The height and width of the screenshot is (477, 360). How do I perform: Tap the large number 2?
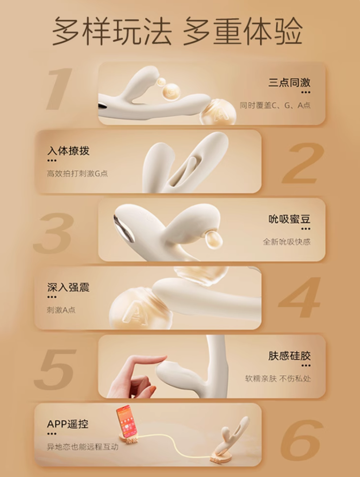(303, 163)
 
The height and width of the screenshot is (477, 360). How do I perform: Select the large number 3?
(53, 233)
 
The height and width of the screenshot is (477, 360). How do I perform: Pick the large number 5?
(55, 370)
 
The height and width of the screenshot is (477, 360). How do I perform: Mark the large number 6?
(302, 440)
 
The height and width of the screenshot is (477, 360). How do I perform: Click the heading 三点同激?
(289, 83)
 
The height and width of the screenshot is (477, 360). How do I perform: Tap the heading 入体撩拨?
(68, 151)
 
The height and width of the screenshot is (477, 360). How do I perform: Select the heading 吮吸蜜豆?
(289, 219)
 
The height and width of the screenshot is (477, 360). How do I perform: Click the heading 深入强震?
(68, 287)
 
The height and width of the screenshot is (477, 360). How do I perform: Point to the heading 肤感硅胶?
(289, 356)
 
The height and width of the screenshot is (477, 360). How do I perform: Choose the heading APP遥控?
(68, 424)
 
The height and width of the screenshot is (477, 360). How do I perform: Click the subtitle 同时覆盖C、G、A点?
(275, 105)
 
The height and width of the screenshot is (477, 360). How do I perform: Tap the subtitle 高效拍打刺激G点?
(77, 174)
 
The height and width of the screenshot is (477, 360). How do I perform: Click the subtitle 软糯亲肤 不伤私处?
(278, 379)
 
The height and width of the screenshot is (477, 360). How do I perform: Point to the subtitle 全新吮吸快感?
(287, 242)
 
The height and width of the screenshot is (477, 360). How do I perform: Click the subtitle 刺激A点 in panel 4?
(61, 310)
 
